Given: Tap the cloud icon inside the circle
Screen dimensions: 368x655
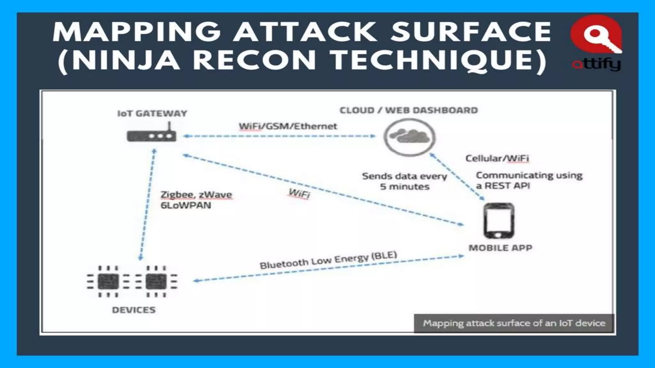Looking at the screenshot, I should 410,136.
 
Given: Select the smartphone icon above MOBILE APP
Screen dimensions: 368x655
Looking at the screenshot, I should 499,221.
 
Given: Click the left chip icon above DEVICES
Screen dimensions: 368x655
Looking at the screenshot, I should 108,281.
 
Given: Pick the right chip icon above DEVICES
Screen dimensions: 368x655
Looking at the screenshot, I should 156,281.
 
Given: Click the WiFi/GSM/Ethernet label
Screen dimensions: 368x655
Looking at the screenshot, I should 288,126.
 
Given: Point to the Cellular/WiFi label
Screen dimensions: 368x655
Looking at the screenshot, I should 497,158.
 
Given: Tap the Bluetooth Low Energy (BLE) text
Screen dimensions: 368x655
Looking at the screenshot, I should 328,260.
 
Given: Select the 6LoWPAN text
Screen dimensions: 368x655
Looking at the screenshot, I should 186,205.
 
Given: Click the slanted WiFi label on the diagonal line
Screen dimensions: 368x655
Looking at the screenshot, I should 299,193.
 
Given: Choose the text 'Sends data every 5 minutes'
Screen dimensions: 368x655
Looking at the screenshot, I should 404,181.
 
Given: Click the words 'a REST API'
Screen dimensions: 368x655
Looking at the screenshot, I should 503,186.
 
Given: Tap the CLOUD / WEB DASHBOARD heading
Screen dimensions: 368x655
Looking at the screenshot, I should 408,110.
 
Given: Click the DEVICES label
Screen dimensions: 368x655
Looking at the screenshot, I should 134,310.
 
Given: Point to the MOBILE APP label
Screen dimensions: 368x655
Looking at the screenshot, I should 500,248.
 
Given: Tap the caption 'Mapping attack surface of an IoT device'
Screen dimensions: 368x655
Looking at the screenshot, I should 514,323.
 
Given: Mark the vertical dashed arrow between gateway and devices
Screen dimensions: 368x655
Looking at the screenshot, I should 147,204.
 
